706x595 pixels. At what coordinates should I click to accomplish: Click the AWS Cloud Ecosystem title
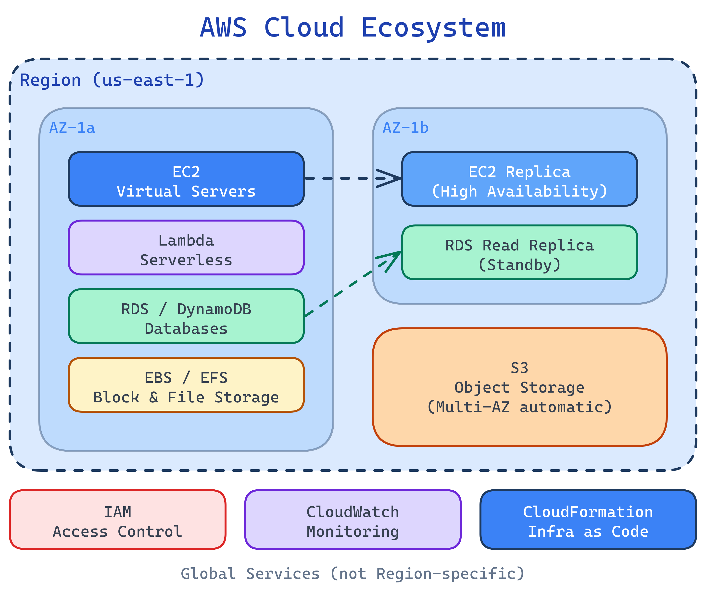353,28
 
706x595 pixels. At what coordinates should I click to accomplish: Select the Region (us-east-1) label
112,80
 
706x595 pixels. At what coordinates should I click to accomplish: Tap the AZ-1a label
72,128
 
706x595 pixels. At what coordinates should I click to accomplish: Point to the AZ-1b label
405,128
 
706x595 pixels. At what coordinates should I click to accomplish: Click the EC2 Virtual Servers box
186,179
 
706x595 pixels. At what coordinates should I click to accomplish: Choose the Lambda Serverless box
186,248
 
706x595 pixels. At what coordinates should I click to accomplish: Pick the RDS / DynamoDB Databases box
186,316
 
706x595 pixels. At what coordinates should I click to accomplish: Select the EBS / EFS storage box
186,384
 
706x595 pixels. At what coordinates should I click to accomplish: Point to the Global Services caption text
353,574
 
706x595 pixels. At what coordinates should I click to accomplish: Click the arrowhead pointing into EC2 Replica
391,178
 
